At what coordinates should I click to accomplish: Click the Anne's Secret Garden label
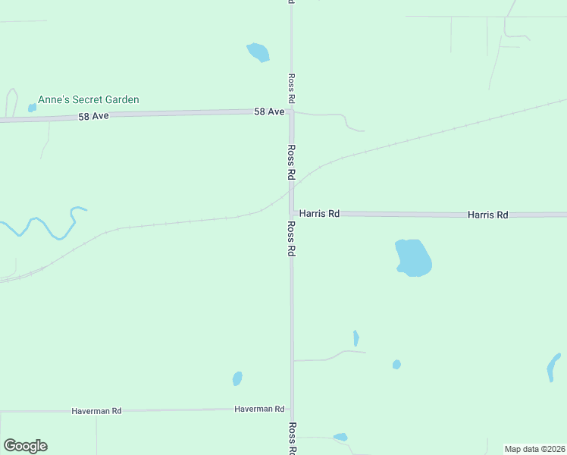coord(89,99)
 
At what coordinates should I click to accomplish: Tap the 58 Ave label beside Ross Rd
coord(269,111)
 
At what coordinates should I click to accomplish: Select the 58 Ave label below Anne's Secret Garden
coord(94,117)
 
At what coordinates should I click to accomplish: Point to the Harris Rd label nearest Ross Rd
coord(318,214)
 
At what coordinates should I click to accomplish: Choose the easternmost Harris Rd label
coord(487,215)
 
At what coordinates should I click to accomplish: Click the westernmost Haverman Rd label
coord(96,411)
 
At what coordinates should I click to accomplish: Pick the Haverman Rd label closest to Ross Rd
coord(259,409)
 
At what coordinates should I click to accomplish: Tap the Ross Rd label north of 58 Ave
coord(291,89)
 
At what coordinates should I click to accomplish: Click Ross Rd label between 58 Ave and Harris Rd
coord(291,162)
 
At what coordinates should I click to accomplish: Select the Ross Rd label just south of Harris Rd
coord(291,239)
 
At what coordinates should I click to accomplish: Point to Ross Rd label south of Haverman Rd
coord(292,438)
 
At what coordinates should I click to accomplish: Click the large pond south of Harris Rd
coord(413,257)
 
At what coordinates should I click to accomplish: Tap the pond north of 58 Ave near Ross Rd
coord(258,52)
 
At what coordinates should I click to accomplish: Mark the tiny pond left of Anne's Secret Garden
coord(32,108)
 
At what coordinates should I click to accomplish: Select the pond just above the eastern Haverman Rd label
coord(237,378)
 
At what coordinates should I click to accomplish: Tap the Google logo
coord(25,446)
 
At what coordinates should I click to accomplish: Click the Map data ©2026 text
coord(534,449)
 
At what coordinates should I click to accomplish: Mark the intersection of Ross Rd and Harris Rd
coord(291,214)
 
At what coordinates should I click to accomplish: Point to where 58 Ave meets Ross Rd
coord(291,112)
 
